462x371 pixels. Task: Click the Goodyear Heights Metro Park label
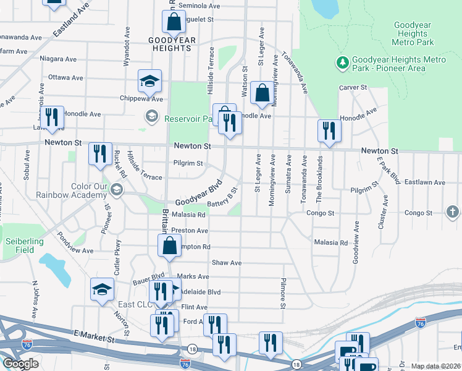(413, 33)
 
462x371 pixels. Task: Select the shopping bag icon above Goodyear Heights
(174, 22)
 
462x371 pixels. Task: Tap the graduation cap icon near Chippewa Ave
(149, 81)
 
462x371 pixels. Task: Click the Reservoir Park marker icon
(151, 116)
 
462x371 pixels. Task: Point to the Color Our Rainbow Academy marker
(117, 189)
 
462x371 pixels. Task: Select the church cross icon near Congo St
(453, 213)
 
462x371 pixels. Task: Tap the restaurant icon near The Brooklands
(329, 130)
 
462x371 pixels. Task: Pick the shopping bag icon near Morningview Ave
(262, 94)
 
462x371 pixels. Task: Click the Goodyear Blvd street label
(198, 194)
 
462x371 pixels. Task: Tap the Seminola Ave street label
(200, 6)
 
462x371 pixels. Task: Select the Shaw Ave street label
(226, 263)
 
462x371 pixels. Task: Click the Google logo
(20, 364)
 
